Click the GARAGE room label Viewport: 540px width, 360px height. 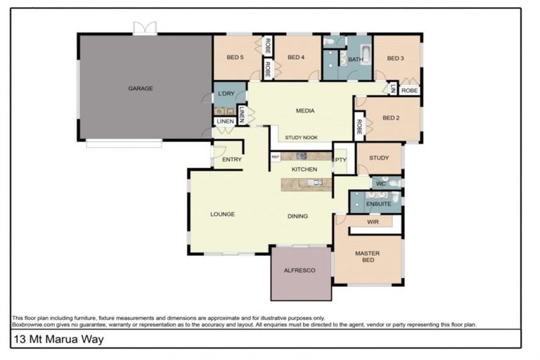pyautogui.click(x=141, y=89)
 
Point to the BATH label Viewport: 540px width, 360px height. pyautogui.click(x=356, y=60)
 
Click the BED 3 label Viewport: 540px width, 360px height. pyautogui.click(x=395, y=58)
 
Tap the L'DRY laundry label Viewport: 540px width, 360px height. pyautogui.click(x=226, y=94)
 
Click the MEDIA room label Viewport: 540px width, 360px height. pyautogui.click(x=305, y=110)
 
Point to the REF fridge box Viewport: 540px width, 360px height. pyautogui.click(x=276, y=157)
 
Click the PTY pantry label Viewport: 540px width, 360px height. pyautogui.click(x=341, y=160)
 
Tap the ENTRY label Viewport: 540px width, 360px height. pyautogui.click(x=231, y=160)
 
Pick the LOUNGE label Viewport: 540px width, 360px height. pyautogui.click(x=222, y=214)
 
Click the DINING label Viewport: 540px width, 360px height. pyautogui.click(x=297, y=217)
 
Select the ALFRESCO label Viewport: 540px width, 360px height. pyautogui.click(x=300, y=270)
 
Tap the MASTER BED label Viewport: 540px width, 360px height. pyautogui.click(x=367, y=257)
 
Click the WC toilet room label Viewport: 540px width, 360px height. pyautogui.click(x=380, y=184)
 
